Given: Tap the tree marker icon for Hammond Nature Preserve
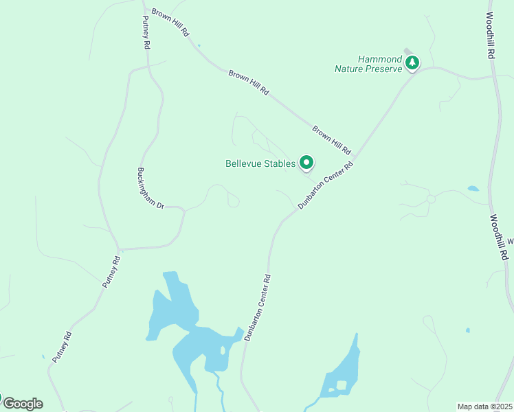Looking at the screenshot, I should pos(412,63).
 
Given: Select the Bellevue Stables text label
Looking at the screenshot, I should pos(260,163).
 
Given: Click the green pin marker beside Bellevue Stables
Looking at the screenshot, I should pos(306,163).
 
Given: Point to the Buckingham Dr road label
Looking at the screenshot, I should pos(150,187).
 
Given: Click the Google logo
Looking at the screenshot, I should pos(22,404).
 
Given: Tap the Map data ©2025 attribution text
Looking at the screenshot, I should pos(485,407).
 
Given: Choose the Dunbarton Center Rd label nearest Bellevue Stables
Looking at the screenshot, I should pos(326,185).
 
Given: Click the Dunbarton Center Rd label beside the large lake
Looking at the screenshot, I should pos(258,308).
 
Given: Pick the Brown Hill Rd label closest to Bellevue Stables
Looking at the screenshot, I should pos(332,139).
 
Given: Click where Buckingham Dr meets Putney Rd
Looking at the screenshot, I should pos(119,249).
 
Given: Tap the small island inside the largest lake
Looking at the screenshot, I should pos(223,350).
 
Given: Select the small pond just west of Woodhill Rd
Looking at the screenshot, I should pos(473,188).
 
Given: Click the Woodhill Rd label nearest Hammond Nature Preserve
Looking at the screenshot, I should pos(491,34).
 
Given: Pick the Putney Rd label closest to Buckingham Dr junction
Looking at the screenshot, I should pos(111,272).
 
